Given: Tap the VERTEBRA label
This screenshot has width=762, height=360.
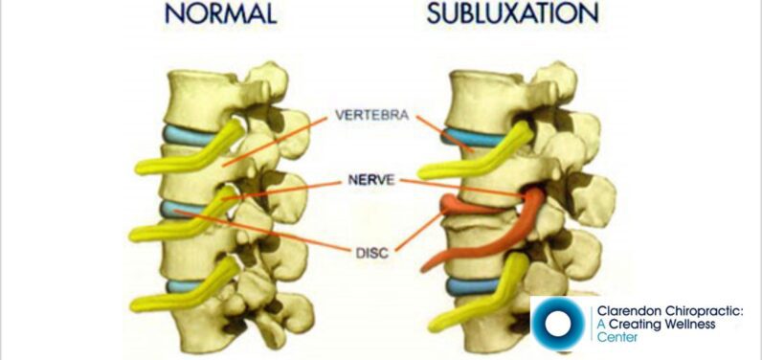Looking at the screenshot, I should [372, 116].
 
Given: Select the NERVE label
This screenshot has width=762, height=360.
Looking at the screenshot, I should [371, 179].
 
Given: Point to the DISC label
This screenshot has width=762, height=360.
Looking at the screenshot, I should [371, 253].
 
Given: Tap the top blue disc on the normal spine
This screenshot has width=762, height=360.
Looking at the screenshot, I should [191, 134].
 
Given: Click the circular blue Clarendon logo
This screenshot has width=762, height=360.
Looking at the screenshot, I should [558, 324].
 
